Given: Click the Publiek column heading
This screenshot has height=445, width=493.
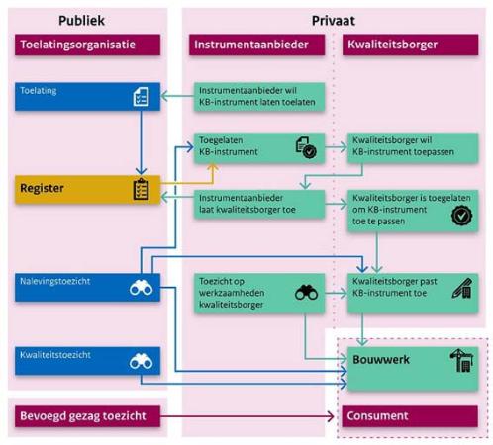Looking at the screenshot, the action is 81,21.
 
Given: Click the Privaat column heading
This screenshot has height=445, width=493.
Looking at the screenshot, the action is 334,21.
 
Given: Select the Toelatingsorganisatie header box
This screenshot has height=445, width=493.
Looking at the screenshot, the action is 87,44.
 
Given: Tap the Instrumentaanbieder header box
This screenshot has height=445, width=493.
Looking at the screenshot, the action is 256,44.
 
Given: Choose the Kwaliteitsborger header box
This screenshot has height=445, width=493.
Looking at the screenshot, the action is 410,44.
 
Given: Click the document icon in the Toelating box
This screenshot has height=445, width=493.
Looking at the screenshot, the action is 141,97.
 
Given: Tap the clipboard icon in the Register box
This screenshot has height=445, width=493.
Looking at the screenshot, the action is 141,189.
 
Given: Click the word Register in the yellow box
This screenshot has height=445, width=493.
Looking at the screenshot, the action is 42,188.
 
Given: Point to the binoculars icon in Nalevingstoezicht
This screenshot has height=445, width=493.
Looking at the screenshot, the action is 142,288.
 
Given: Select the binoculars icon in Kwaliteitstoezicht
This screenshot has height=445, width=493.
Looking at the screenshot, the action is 142,361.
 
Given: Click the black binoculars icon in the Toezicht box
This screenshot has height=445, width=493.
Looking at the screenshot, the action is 307,292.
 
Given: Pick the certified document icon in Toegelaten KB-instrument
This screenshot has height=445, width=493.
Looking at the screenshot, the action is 306,147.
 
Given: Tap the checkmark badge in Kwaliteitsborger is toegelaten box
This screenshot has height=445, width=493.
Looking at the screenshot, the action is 461,216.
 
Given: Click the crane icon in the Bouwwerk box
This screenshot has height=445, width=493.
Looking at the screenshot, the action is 462,360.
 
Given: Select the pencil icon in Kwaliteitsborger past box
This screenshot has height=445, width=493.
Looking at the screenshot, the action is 462,288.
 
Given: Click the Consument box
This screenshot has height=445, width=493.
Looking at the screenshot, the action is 410,416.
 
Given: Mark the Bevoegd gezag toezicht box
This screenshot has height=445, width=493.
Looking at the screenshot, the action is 87,416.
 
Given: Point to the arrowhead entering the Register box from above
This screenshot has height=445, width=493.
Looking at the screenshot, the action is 141,171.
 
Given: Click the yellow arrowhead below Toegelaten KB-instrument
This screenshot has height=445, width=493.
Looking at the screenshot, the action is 213,167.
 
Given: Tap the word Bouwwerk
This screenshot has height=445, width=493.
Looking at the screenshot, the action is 381,359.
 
